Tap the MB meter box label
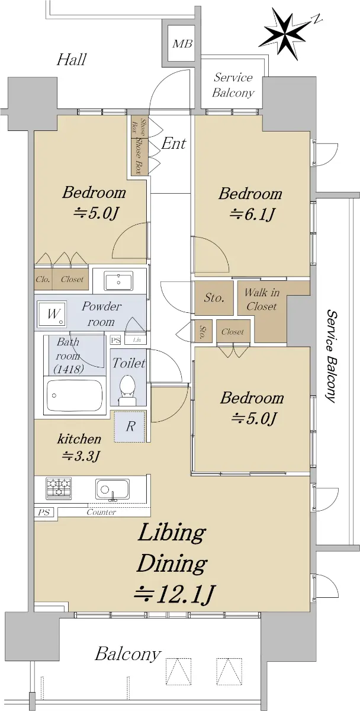tap(182, 43)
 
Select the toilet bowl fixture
tap(127, 390)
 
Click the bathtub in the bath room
tap(75, 395)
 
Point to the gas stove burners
tap(59, 488)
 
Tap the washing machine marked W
tap(52, 314)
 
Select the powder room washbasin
tap(118, 281)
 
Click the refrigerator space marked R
tap(130, 427)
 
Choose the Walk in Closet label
tap(262, 299)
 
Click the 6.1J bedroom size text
tap(252, 215)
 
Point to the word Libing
tap(172, 533)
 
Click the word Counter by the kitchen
tap(101, 512)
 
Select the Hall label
tap(72, 59)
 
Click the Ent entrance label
tap(173, 143)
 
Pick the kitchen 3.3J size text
tap(81, 456)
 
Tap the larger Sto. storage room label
tap(214, 297)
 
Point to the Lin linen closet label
tap(137, 340)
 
